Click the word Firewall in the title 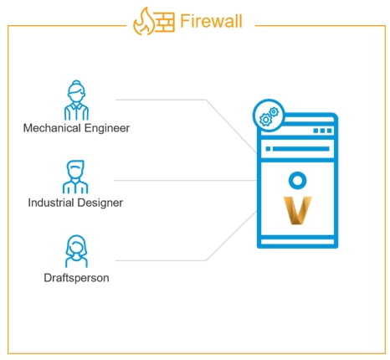(211, 21)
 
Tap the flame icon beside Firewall (144, 22)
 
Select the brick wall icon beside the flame (165, 23)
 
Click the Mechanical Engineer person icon (76, 100)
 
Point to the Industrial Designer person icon (75, 177)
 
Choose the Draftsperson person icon (76, 251)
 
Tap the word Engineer (107, 128)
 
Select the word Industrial (51, 203)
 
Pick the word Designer (100, 203)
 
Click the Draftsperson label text (76, 278)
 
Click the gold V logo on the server (297, 210)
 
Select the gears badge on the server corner (269, 115)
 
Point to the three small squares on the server (322, 131)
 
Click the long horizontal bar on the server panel (301, 149)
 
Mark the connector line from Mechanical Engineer (207, 100)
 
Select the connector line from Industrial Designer (186, 181)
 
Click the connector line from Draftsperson (207, 260)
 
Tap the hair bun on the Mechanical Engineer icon (76, 83)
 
